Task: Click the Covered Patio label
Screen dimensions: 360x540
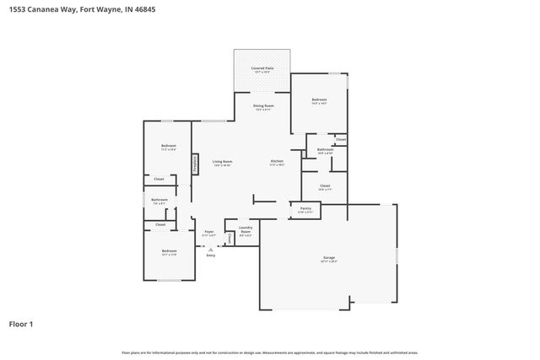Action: (262, 68)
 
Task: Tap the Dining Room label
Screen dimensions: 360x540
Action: (263, 106)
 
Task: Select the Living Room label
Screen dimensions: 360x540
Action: (222, 161)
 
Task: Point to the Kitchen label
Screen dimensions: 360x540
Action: (277, 161)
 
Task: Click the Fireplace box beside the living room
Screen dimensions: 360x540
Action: (196, 163)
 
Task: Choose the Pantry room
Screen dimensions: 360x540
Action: (305, 209)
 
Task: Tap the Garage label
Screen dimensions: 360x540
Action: (329, 258)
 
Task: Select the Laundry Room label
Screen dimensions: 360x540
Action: (246, 230)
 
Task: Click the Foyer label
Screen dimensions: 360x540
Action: (208, 231)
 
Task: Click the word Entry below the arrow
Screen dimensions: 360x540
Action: (210, 255)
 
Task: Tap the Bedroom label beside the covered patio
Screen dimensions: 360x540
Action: (319, 99)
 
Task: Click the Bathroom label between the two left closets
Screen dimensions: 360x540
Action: (159, 200)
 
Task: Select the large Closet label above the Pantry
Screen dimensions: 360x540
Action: (325, 185)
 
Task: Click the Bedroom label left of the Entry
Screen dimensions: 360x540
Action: (170, 250)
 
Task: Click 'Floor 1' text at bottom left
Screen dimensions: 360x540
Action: (21, 323)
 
